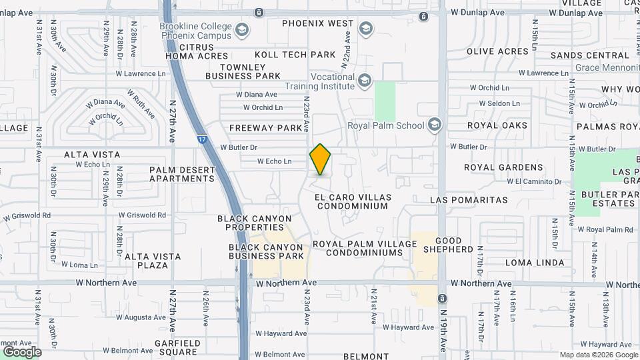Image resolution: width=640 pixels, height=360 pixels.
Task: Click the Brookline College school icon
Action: click(241, 29)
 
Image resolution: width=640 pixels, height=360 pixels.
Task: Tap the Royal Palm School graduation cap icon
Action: click(434, 125)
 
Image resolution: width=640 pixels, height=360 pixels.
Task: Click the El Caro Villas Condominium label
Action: click(352, 201)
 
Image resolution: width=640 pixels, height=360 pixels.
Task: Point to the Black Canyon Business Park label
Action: click(266, 251)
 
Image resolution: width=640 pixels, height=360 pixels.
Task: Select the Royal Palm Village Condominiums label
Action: click(365, 249)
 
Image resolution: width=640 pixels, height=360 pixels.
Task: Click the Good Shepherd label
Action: click(453, 245)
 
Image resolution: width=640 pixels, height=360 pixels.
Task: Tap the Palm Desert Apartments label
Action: click(182, 174)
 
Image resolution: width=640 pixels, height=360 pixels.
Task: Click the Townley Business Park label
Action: click(243, 71)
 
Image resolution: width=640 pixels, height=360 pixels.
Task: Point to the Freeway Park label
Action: click(266, 127)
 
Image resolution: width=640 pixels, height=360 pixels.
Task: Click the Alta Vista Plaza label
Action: click(153, 261)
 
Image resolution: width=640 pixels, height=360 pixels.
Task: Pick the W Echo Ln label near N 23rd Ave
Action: click(275, 161)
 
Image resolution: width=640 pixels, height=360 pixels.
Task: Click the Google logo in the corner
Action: click(22, 351)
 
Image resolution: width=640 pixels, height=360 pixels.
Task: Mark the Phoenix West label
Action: click(317, 23)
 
